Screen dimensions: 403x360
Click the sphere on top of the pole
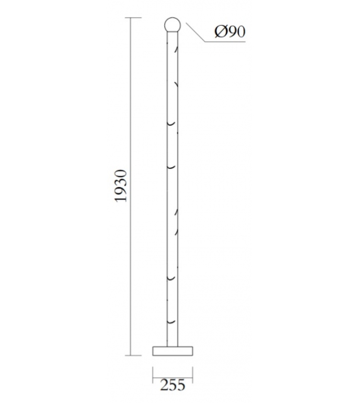tap(172, 25)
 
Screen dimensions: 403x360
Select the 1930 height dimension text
tap(122, 185)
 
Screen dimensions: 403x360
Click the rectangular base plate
tap(172, 350)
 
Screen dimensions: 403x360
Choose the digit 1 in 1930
tap(122, 198)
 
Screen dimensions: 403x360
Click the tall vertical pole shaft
tap(172, 188)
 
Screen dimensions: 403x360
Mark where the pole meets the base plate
tap(172, 345)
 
